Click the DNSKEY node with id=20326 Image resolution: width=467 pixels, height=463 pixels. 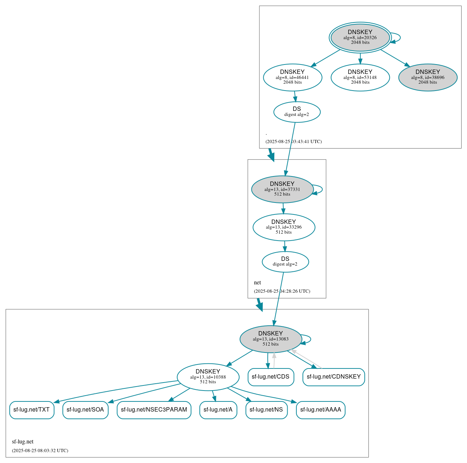360,37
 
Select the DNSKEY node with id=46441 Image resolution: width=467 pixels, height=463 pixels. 292,77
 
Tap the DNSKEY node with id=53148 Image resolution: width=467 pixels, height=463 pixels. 360,77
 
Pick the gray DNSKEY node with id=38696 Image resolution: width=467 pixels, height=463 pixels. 428,77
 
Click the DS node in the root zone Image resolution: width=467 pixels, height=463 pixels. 297,112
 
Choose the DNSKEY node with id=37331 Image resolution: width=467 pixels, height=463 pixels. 282,189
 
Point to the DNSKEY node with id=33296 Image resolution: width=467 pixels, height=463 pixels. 284,227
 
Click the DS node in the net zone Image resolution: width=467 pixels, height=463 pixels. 285,262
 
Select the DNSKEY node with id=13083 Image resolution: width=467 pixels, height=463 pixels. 271,339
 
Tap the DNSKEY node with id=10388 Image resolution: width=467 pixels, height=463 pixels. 208,377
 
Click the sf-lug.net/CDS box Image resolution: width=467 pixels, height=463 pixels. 271,377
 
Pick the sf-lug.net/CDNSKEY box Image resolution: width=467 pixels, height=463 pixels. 334,377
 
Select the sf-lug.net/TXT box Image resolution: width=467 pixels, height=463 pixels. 32,410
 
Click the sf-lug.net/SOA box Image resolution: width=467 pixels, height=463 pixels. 85,410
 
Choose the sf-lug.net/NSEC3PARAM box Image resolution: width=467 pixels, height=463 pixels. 154,410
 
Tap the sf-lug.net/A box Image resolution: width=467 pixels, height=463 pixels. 218,410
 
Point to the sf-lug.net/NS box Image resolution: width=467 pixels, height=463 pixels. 266,410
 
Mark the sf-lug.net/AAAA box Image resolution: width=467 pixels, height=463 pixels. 321,410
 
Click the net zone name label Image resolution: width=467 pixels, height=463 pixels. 257,283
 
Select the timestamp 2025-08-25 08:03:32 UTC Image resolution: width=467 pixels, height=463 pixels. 40,451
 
